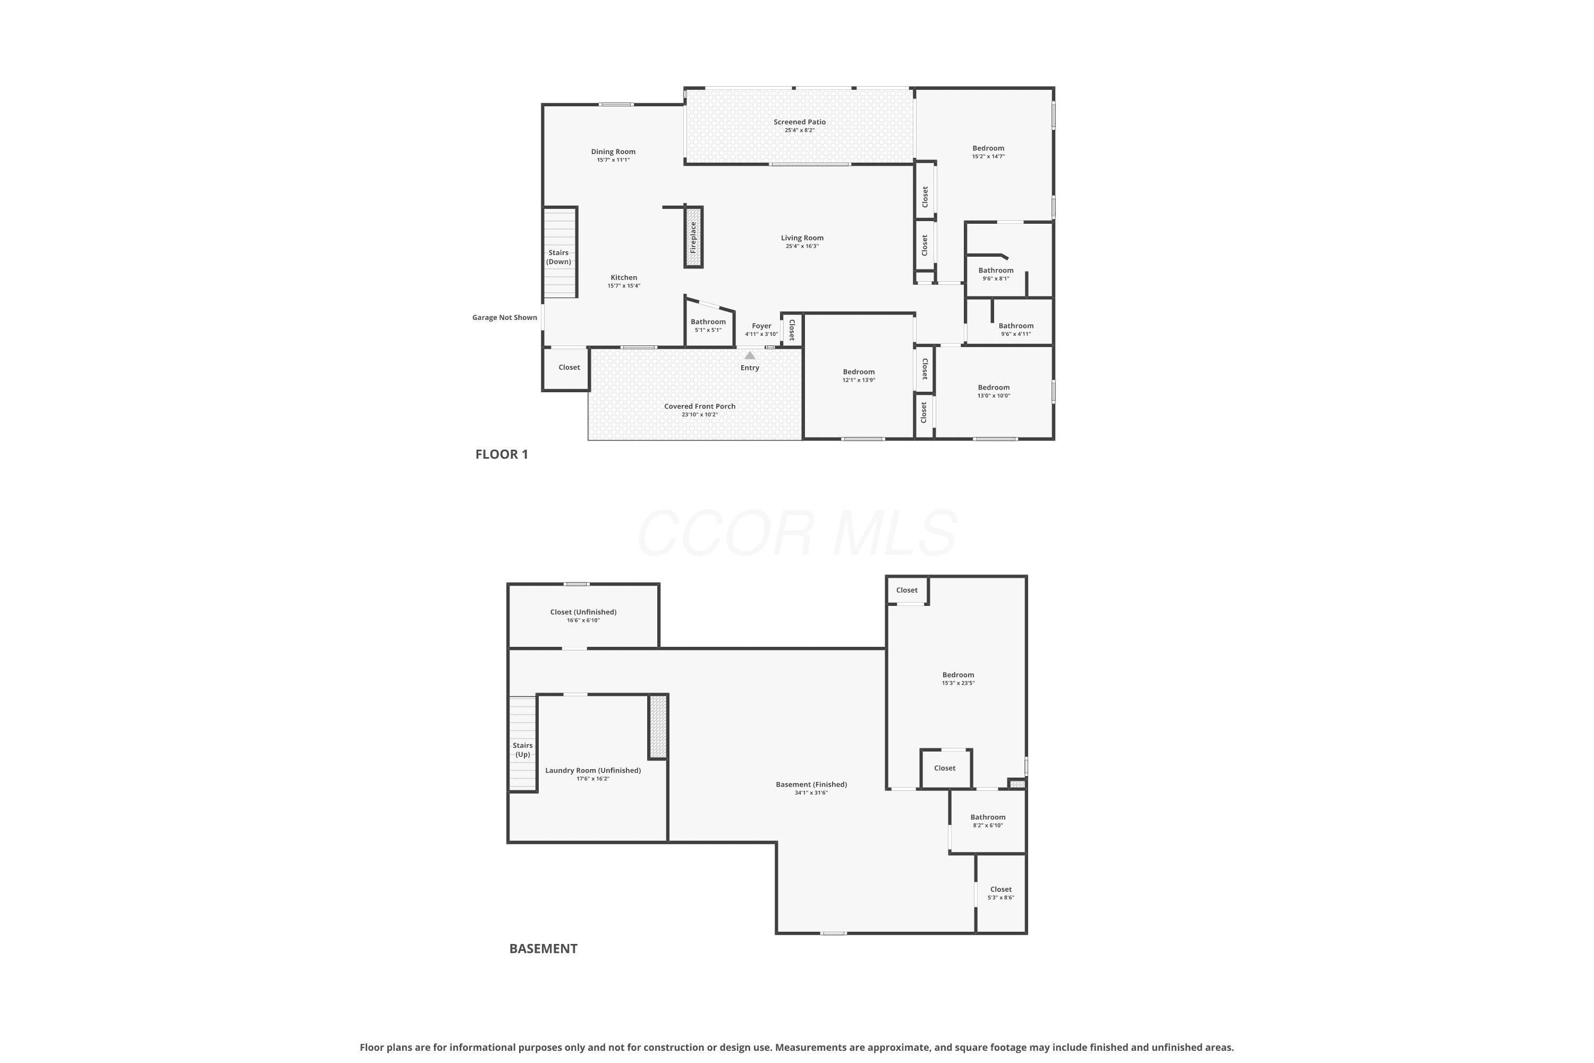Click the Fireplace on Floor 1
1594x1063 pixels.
(x=693, y=237)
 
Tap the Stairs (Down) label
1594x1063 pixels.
(x=559, y=257)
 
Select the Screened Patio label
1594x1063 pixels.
(x=800, y=122)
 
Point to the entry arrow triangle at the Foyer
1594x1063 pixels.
(x=750, y=355)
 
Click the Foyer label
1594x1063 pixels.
(x=762, y=326)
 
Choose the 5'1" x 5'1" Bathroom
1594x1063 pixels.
(x=708, y=325)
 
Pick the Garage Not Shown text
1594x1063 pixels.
(x=505, y=317)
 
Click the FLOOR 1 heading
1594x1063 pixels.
(x=502, y=454)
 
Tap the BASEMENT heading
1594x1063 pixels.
(x=544, y=948)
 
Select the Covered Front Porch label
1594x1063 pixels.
(x=699, y=406)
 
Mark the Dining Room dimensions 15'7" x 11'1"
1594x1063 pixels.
(x=613, y=160)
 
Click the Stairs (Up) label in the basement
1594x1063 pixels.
(x=522, y=750)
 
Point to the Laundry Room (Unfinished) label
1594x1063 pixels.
(x=593, y=770)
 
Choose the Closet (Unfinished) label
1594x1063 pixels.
(x=583, y=612)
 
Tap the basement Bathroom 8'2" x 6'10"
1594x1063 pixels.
(x=988, y=821)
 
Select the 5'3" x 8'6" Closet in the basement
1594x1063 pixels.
(x=1001, y=893)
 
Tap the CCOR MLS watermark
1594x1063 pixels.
(x=797, y=534)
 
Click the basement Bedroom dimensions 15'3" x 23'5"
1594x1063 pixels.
(x=959, y=684)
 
